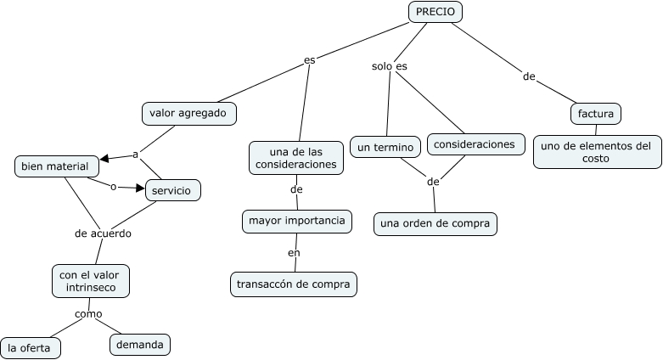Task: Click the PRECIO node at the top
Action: [x=435, y=12]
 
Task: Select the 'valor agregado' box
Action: [x=188, y=113]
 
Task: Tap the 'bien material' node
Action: [x=55, y=166]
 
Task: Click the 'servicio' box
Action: [x=172, y=190]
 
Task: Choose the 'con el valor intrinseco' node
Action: [x=90, y=281]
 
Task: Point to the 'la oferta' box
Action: [x=30, y=347]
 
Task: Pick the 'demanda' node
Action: [x=140, y=344]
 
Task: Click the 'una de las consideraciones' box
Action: [x=296, y=157]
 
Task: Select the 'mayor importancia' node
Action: [x=296, y=222]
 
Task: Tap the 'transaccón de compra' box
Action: [x=293, y=284]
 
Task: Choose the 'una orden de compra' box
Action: [x=435, y=223]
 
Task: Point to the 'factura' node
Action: [x=595, y=113]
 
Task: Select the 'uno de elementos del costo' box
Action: [x=598, y=152]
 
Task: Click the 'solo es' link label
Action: [x=390, y=66]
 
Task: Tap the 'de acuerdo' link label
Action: [x=103, y=233]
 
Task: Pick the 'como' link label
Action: [x=88, y=313]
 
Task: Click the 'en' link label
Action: [x=294, y=252]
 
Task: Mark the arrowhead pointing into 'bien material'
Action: [x=104, y=159]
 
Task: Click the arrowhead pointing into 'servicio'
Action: [x=141, y=188]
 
